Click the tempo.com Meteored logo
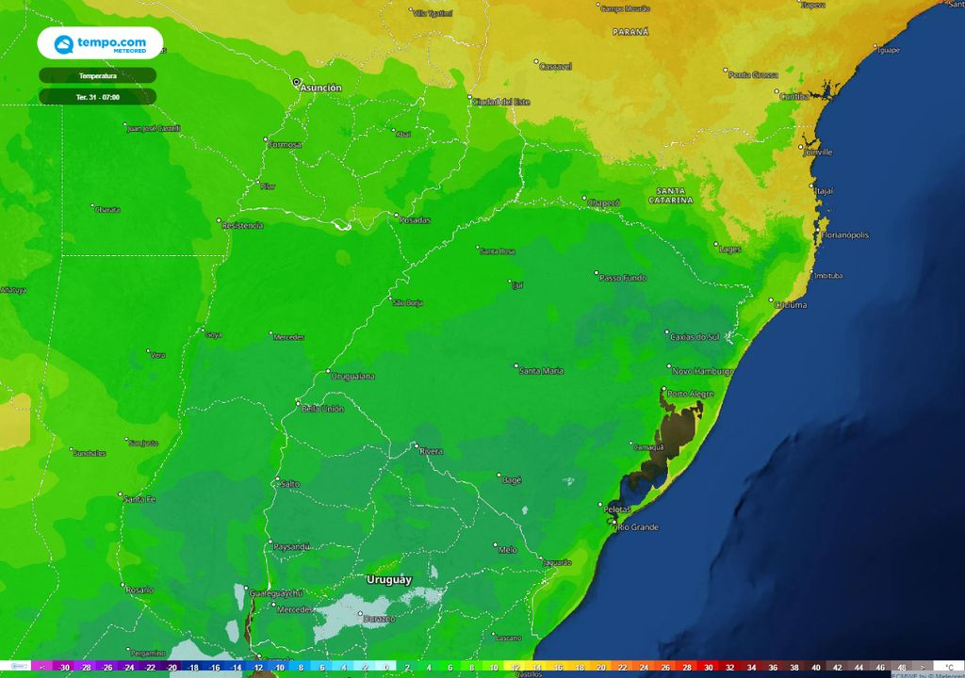pos(99,43)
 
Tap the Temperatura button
pos(98,75)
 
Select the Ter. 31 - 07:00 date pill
pos(98,96)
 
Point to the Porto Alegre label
pos(691,394)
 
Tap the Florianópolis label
pos(846,234)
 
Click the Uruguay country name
pos(388,580)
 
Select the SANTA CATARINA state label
pos(671,196)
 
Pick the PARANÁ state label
pos(630,32)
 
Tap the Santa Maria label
pos(542,371)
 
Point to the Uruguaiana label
pos(353,377)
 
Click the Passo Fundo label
pos(624,279)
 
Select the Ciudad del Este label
pos(501,102)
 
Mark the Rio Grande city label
pos(638,526)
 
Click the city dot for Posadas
pos(396,215)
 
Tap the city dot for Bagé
pos(499,476)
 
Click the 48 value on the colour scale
pos(902,667)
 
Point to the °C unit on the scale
pos(949,667)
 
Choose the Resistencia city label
pos(242,226)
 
